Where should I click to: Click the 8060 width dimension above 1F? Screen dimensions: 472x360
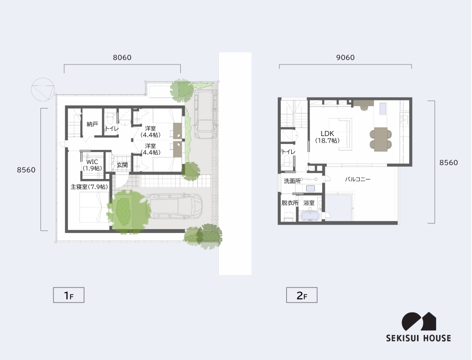(122, 57)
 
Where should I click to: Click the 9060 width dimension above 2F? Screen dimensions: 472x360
(345, 57)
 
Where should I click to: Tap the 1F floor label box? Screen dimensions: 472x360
(68, 295)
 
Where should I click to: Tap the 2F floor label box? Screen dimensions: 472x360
(302, 295)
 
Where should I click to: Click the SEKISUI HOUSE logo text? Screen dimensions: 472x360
(419, 338)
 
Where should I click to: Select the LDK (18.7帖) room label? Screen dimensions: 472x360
(327, 137)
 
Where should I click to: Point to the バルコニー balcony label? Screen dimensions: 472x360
(358, 179)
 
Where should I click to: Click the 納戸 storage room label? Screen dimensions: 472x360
(92, 124)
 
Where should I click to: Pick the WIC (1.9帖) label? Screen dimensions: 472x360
(92, 165)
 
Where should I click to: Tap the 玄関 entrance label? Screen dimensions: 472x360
(122, 165)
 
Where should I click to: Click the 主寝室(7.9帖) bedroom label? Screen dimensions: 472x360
(89, 187)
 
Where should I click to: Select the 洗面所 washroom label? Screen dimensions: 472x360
(292, 181)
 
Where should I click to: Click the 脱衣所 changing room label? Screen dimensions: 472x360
(290, 203)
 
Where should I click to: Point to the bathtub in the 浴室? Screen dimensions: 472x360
(310, 216)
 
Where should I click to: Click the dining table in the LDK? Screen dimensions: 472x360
(381, 139)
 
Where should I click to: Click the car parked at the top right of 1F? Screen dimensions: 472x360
(206, 113)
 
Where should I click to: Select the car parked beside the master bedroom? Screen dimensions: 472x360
(174, 206)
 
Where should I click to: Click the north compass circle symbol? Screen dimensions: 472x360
(43, 89)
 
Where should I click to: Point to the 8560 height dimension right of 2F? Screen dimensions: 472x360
(449, 162)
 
